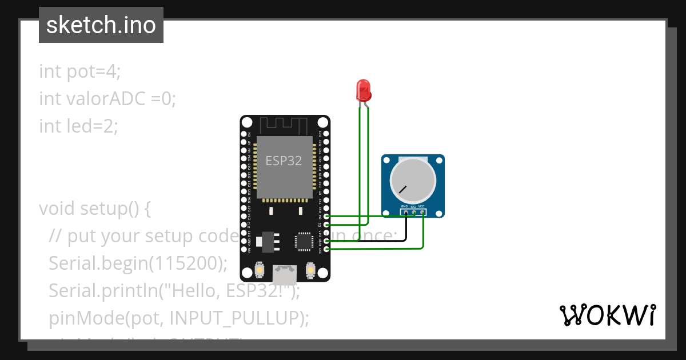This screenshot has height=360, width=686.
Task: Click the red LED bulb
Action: (363, 90)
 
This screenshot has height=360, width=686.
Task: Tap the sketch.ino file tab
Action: (101, 25)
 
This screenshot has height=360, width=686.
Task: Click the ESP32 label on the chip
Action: (284, 161)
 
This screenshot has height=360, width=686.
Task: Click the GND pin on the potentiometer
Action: (405, 213)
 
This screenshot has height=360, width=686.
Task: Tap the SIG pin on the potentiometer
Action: (414, 213)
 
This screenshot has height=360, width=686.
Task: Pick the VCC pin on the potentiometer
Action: (422, 213)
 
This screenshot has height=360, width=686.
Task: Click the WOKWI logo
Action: (607, 315)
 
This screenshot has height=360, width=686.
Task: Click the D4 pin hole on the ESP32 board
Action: (326, 217)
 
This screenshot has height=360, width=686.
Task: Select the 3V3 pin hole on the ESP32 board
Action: (326, 249)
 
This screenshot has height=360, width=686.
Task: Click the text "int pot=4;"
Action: (80, 71)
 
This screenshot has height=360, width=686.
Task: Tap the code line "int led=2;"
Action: (78, 126)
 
